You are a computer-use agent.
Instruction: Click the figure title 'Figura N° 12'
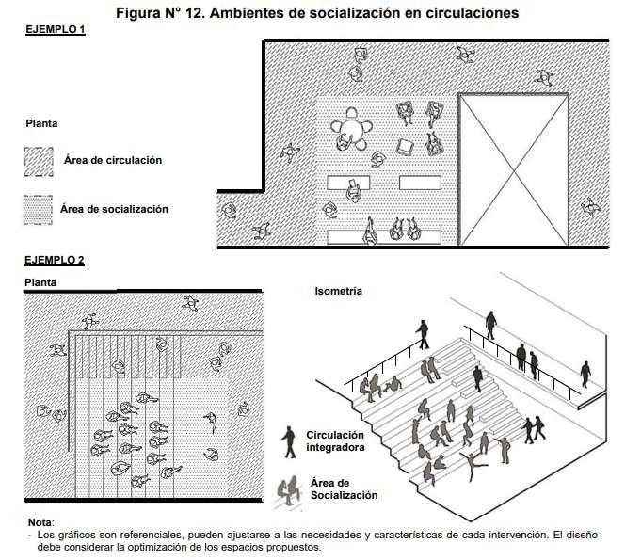(x=166, y=13)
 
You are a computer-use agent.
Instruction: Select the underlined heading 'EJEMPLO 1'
(x=56, y=30)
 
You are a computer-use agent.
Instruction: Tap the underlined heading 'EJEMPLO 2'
(x=56, y=259)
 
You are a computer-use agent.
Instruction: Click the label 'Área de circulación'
(x=113, y=160)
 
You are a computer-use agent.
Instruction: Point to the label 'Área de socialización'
(x=114, y=209)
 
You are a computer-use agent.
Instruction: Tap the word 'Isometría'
(x=339, y=292)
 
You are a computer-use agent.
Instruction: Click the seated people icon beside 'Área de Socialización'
(x=289, y=488)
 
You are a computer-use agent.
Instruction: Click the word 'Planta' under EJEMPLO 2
(x=41, y=280)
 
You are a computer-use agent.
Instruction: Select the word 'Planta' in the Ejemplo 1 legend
(x=41, y=123)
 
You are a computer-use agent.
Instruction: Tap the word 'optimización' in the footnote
(x=184, y=547)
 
